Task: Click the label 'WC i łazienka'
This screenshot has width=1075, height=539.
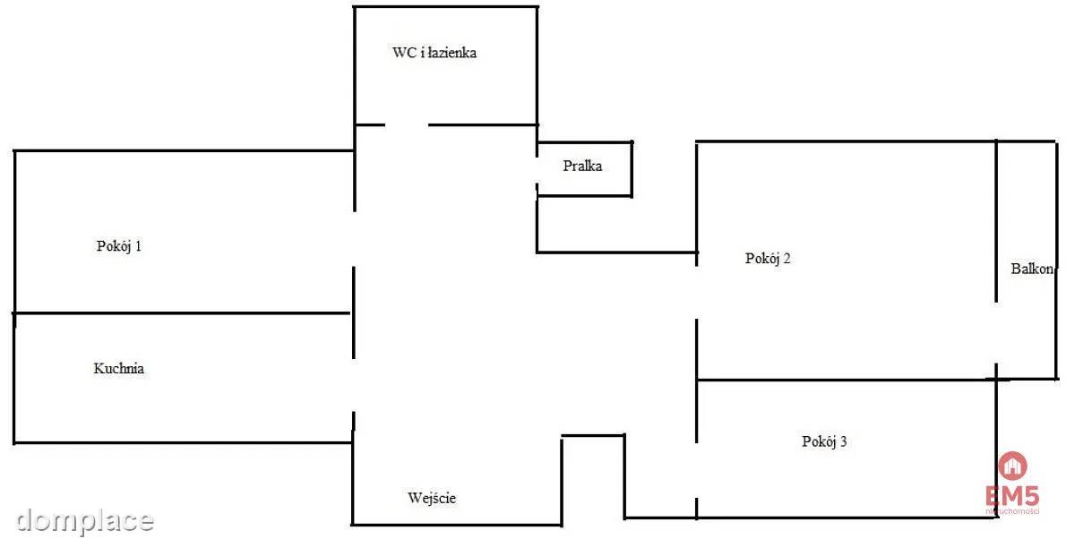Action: (434, 52)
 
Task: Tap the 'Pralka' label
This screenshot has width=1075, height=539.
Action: (582, 166)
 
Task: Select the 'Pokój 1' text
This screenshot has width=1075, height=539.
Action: (118, 246)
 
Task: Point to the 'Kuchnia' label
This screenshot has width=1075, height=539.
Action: (118, 368)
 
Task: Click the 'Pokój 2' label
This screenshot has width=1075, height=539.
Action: (768, 259)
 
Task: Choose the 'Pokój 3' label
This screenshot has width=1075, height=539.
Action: (824, 441)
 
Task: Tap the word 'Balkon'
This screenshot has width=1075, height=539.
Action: (1032, 269)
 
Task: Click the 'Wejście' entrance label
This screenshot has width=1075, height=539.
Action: (432, 498)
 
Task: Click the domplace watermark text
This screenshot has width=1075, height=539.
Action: (85, 521)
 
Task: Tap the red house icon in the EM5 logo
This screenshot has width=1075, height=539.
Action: (1012, 466)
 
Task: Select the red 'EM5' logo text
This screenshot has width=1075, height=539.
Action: (1012, 495)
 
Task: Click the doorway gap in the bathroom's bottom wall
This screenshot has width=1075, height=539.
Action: (407, 125)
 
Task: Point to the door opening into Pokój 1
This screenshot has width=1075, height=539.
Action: (354, 239)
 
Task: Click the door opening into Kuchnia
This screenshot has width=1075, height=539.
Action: (354, 385)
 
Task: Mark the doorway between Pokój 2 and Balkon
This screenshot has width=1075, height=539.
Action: (996, 333)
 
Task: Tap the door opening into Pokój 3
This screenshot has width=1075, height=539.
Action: (696, 470)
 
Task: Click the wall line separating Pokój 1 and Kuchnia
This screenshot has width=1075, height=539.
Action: (181, 313)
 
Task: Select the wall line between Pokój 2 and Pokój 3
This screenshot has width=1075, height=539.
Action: (847, 380)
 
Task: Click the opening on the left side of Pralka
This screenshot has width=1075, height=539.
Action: (537, 171)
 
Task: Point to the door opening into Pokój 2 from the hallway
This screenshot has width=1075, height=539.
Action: (696, 293)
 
